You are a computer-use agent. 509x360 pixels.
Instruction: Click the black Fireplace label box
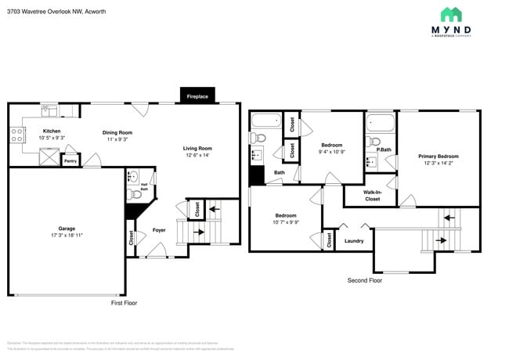point(197,96)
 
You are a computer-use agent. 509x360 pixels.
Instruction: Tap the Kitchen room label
point(52,131)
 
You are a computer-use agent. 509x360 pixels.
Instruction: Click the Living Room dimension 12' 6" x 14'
point(197,155)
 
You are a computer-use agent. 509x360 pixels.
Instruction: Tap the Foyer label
point(159,230)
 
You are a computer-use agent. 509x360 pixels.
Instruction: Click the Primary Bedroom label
point(438,157)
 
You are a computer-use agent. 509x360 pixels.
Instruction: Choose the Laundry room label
point(353,241)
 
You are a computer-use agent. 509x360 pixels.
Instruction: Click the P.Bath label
point(384,149)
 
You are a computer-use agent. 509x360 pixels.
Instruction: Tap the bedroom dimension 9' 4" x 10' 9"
point(332,152)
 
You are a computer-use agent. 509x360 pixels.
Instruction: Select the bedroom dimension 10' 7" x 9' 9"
point(285,221)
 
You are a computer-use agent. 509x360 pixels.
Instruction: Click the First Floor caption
point(124,302)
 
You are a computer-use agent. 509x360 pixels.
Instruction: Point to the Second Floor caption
point(365,279)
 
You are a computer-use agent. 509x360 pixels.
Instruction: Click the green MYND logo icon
point(450,15)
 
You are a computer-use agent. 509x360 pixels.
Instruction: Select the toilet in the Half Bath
point(132,176)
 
